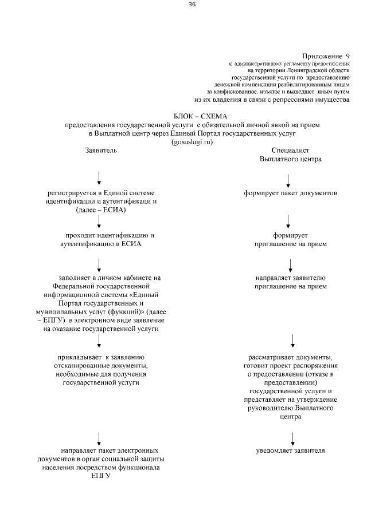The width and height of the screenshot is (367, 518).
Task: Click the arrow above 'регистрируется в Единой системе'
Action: [100, 177]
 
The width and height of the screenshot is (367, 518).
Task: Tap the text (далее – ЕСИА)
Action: [101, 210]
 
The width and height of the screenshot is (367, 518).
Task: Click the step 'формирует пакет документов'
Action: [290, 193]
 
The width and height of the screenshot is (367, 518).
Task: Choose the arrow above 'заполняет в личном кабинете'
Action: [100, 265]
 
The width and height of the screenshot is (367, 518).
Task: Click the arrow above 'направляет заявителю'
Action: [291, 265]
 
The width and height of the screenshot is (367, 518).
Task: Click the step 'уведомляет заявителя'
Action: [291, 451]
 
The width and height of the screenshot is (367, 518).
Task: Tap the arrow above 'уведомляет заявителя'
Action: [293, 438]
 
